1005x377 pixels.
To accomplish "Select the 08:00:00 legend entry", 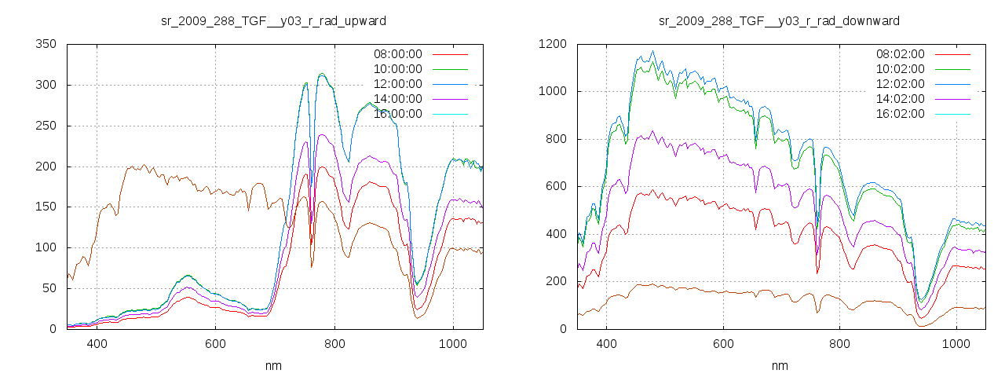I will [397, 54].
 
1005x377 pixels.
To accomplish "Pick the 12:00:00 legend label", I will [397, 84].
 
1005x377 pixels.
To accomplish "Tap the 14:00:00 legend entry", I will [397, 99].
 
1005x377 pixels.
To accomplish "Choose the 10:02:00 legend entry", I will [900, 69].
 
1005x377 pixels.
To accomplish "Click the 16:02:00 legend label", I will [900, 114].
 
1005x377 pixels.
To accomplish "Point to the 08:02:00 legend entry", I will [900, 54].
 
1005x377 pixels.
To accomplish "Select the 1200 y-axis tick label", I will [552, 44].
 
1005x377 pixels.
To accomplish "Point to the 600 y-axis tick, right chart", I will [555, 186].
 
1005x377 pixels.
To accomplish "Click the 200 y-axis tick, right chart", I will [555, 281].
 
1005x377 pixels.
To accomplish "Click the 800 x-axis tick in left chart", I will [334, 344].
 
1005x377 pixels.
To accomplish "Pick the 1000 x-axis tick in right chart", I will [956, 344].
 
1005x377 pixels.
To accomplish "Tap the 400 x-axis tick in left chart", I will [97, 344].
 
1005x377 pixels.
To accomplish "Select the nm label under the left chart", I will [274, 365].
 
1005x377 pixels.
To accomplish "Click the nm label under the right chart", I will [779, 365].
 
